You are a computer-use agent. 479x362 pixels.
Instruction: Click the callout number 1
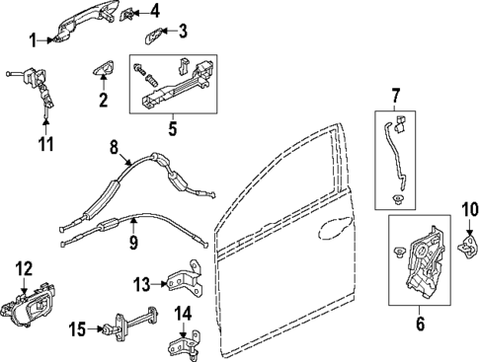(32, 40)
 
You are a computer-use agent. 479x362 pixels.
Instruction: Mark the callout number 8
(114, 149)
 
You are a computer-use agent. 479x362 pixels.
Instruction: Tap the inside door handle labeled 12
(28, 302)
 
